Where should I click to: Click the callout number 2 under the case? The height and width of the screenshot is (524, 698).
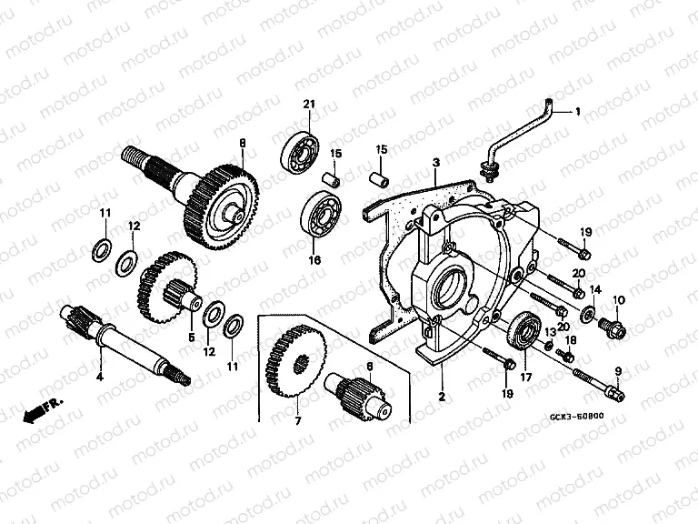click(x=442, y=397)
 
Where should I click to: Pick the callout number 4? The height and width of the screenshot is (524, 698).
click(x=99, y=375)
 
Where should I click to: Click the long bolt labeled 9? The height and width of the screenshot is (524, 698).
click(x=594, y=383)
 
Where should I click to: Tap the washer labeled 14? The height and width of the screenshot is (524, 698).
click(x=588, y=315)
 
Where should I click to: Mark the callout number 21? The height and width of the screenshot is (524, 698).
click(x=309, y=107)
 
